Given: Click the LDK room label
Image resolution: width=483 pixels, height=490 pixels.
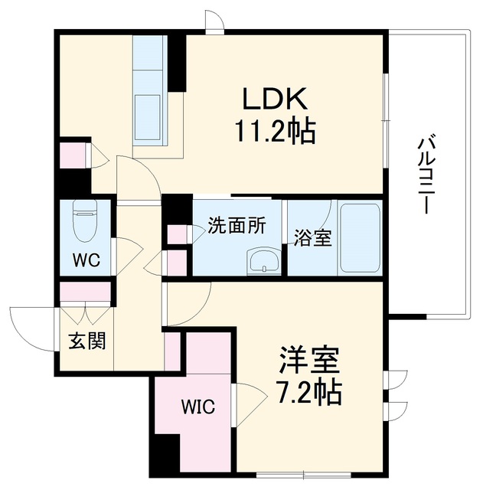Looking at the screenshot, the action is tap(275, 99).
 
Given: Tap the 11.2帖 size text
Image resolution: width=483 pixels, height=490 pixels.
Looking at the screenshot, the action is tap(275, 131).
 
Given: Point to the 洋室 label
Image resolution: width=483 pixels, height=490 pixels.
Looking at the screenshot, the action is tap(309, 361).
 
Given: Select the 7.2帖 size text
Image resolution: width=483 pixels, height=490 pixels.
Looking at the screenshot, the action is tap(309, 392).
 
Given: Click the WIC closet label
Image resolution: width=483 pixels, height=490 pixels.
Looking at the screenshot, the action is tap(198, 407).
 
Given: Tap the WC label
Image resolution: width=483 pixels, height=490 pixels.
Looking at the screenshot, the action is tap(86, 260).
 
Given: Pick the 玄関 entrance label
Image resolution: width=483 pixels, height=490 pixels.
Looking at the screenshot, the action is tap(87, 341).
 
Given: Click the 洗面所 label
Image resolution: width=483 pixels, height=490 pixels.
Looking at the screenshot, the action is tap(237, 226).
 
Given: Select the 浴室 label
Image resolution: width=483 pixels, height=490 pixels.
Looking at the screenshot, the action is tap(312, 238).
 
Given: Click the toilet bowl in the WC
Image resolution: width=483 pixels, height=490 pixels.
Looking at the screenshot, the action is tap(85, 221).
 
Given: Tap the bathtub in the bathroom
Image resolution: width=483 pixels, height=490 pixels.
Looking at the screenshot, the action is tap(360, 238).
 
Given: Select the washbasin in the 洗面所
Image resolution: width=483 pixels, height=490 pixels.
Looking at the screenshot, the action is tap(264, 262).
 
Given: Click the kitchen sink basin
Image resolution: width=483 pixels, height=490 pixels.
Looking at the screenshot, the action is tap(147, 117).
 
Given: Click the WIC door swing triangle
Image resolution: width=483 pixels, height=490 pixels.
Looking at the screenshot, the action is tap(250, 405).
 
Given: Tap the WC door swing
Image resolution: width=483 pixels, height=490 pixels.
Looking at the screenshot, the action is tap(128, 256).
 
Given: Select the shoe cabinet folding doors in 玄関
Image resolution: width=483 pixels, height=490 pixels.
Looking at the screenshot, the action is tap(85, 312).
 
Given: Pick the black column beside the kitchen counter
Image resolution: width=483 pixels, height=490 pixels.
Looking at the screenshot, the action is tap(177, 64).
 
